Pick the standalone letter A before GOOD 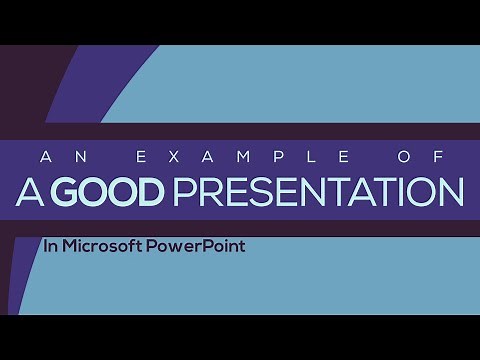(x=30, y=193)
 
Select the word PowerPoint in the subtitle (x=196, y=243)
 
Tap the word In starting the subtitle (x=50, y=243)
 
